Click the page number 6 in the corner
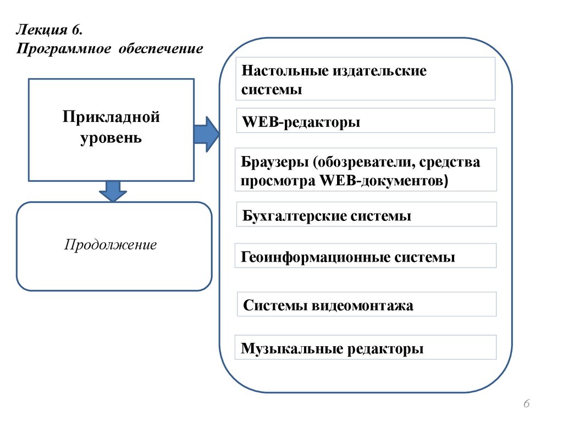point(526,404)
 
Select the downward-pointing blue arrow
point(113,191)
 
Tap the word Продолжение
point(111,245)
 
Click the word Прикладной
point(111,116)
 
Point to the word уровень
point(111,137)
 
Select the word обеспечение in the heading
point(159,49)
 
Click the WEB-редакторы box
point(366,121)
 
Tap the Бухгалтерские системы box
point(367,215)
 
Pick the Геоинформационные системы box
point(366,257)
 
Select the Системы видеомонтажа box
point(367,304)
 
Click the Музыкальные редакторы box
point(366,348)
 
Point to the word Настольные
point(284,71)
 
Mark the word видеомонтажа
point(362,305)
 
